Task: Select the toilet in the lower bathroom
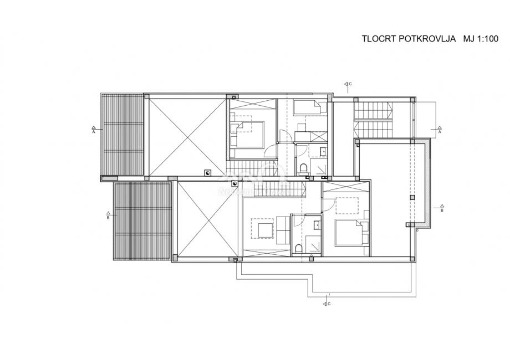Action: (x=298, y=248)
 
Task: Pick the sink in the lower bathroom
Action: (x=317, y=224)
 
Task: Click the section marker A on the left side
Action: (x=94, y=130)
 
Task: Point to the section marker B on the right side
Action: (x=441, y=209)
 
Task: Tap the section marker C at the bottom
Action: (x=326, y=303)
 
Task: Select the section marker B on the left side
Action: (x=108, y=216)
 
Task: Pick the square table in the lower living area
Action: (x=263, y=228)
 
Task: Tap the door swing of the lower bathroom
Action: (x=297, y=220)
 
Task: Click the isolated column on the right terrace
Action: (x=411, y=197)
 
